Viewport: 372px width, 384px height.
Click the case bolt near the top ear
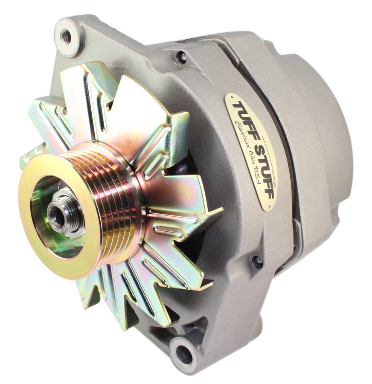tap(181, 57)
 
